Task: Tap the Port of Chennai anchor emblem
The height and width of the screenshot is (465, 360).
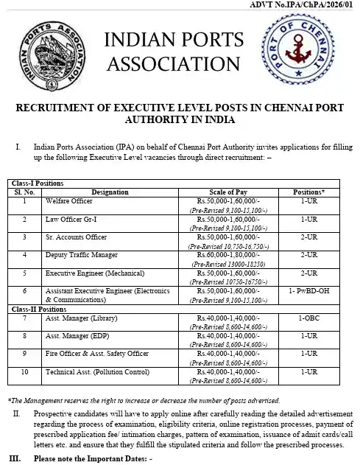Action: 307,52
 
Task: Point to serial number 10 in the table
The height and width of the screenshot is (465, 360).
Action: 25,371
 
